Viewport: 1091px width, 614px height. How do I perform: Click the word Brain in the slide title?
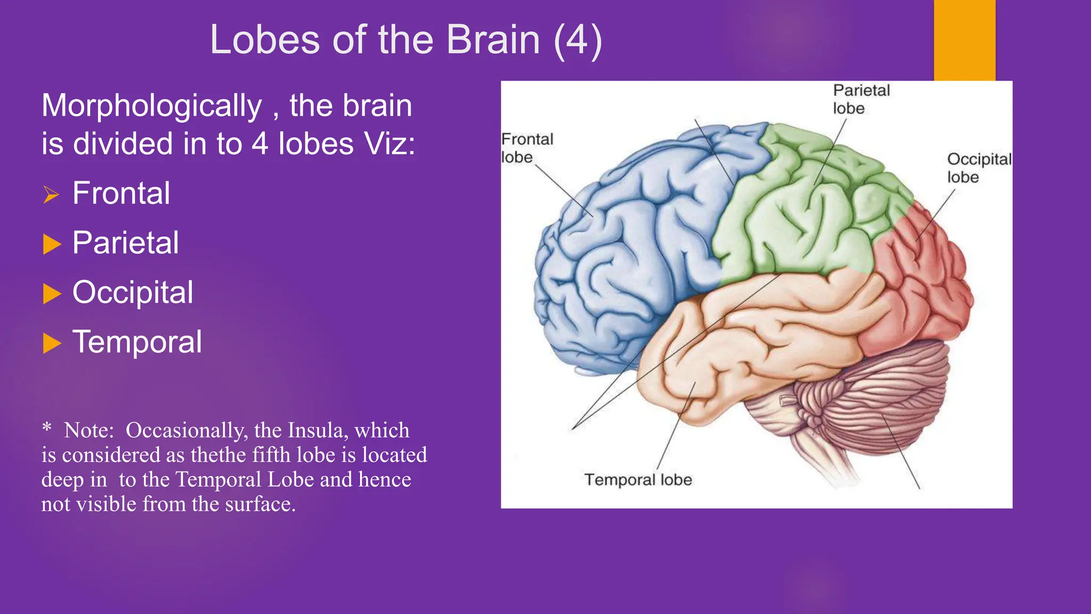pos(493,40)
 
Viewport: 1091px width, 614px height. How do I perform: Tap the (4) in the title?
pos(578,40)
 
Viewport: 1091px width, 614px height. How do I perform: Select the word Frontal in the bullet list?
pos(121,193)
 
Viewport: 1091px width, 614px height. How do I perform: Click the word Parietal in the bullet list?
pos(125,243)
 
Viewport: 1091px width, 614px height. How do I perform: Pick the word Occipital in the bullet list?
pos(133,292)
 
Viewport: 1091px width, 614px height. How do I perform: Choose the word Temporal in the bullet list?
pos(137,342)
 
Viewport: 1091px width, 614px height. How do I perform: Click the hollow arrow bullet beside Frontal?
pos(51,195)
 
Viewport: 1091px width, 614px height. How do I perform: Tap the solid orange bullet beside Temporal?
pos(52,343)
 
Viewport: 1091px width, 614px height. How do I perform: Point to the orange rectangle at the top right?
pos(964,40)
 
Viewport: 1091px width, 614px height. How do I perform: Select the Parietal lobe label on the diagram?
pos(861,99)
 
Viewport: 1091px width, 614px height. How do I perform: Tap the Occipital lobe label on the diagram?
pos(978,168)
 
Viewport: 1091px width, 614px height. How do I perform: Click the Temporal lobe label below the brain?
pos(638,480)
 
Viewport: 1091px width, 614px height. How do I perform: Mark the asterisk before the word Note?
pos(47,427)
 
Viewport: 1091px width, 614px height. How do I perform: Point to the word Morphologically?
pos(152,106)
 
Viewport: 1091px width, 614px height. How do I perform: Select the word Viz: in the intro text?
pos(389,144)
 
